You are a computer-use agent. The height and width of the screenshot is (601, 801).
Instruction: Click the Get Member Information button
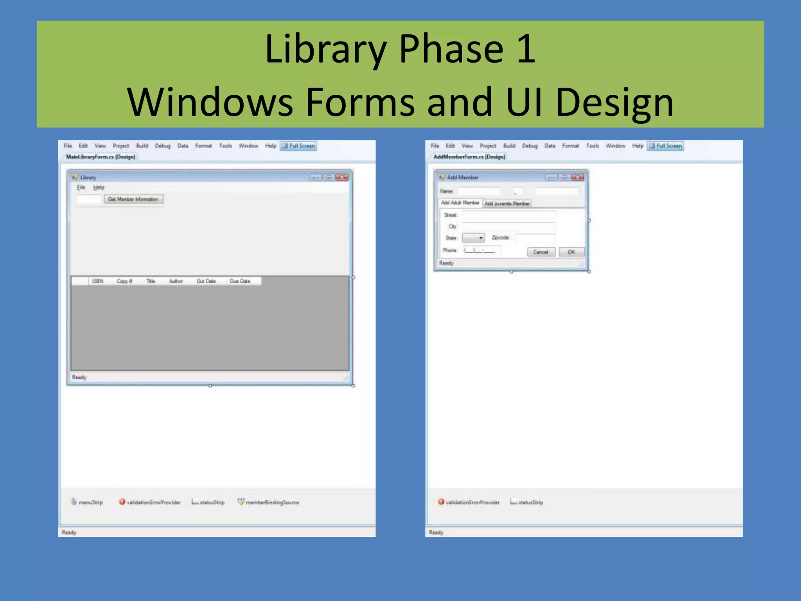[133, 199]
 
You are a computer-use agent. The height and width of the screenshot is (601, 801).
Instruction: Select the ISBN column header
[97, 281]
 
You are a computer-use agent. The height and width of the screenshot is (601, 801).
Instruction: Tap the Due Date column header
[240, 281]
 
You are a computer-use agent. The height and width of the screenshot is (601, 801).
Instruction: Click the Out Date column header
[206, 281]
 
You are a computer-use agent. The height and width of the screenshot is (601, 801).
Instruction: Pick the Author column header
[176, 281]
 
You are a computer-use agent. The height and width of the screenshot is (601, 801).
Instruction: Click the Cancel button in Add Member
[541, 252]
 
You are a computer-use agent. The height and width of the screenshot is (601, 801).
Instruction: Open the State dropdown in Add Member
[474, 238]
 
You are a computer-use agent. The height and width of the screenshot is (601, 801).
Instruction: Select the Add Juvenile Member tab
[507, 203]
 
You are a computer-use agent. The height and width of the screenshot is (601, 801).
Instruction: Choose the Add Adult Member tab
[460, 203]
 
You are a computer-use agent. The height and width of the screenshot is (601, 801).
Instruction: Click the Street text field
[508, 215]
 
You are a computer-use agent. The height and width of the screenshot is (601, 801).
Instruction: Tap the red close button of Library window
[342, 177]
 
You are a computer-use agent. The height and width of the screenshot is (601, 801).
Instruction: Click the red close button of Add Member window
[578, 177]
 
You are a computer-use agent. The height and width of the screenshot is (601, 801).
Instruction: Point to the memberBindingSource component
[269, 502]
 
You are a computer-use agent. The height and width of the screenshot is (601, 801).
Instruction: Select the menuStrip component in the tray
[87, 502]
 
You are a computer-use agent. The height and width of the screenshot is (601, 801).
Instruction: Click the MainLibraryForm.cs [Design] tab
[101, 157]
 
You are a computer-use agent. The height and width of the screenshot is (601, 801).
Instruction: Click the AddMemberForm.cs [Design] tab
[469, 157]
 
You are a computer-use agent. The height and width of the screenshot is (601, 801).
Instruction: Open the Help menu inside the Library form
[99, 187]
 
